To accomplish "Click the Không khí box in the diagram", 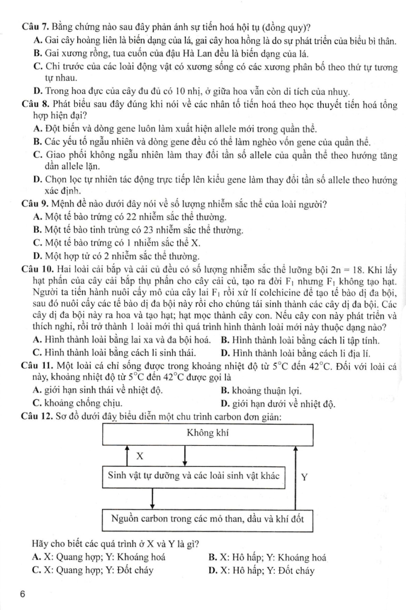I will point(207,434).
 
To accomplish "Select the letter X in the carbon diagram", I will point(140,456).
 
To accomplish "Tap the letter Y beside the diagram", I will point(304,477).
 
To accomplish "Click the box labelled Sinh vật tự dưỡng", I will point(193,476).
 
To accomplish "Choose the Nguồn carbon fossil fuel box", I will point(207,519).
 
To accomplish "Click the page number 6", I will point(23,595).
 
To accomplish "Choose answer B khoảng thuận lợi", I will point(261,391).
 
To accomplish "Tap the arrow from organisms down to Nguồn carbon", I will point(152,498).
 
